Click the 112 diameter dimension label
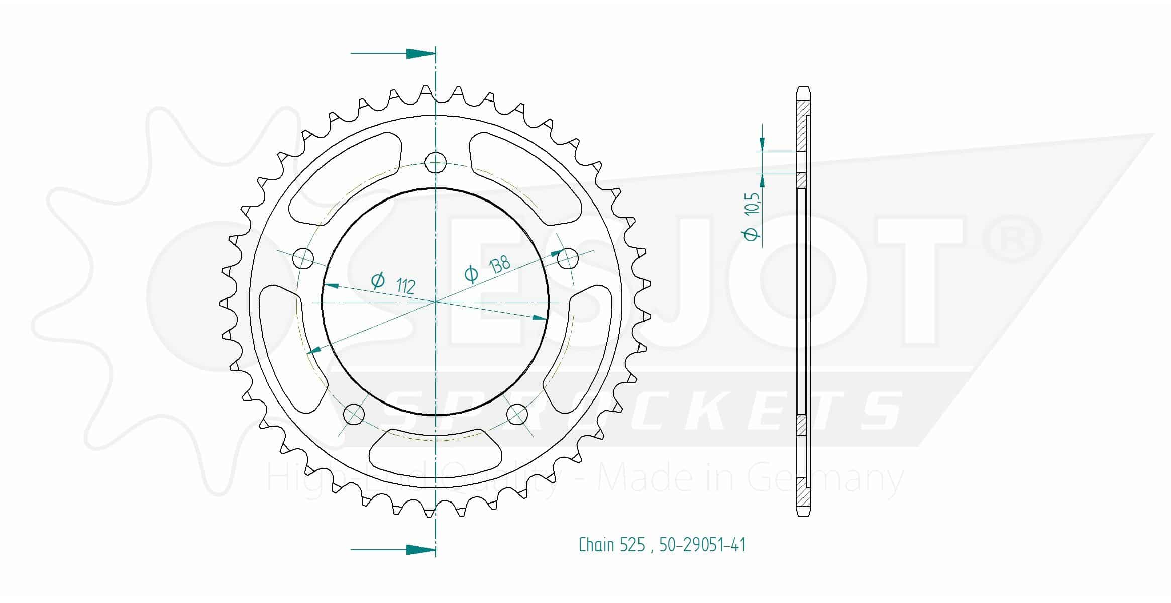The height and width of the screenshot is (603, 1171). (393, 283)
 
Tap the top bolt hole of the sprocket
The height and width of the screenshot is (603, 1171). (435, 162)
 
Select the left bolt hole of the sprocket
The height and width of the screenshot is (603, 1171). (303, 259)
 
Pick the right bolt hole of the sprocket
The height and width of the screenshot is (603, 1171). (568, 258)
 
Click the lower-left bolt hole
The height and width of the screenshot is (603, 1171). (354, 414)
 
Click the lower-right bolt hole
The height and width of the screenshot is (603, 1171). (517, 414)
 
